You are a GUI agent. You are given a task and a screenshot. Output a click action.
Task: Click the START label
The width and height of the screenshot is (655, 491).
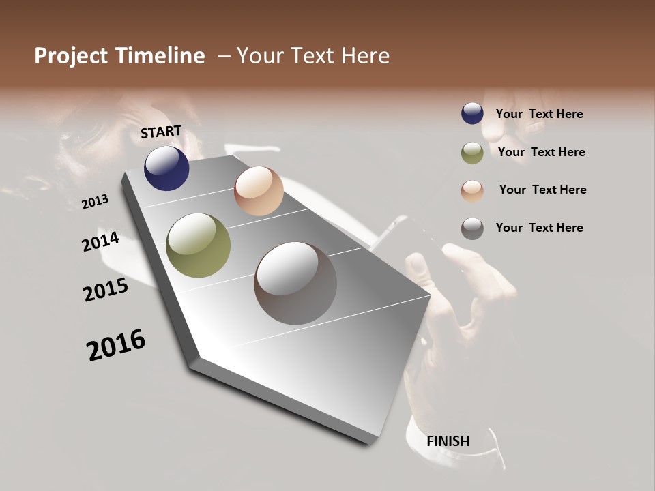click(x=161, y=132)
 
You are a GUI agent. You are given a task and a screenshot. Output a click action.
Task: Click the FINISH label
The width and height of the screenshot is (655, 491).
click(x=448, y=441)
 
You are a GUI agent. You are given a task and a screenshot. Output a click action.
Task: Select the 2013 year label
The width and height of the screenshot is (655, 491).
click(x=95, y=201)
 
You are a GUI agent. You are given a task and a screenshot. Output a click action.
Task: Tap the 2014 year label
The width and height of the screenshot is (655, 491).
click(x=100, y=241)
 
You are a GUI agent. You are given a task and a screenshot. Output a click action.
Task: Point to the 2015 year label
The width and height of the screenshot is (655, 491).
click(x=106, y=290)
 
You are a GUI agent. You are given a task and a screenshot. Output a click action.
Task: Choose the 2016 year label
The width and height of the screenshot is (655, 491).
click(x=116, y=344)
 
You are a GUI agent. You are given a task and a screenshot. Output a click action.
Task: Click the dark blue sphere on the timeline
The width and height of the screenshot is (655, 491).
click(x=166, y=168)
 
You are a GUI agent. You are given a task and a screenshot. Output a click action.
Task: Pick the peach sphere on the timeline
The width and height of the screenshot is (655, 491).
click(x=259, y=191)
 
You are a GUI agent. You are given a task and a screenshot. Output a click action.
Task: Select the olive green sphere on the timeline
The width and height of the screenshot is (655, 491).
click(x=199, y=245)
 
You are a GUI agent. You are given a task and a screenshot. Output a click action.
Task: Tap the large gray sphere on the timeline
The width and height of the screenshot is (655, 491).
click(x=295, y=283)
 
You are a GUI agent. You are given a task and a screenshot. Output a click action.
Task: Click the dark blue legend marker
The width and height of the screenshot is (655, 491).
click(x=472, y=113)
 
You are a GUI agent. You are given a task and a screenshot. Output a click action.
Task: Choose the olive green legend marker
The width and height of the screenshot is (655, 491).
click(x=472, y=153)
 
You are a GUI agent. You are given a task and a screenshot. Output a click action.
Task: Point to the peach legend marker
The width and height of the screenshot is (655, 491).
click(x=472, y=191)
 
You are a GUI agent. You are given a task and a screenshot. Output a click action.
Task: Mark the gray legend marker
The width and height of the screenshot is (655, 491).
click(x=472, y=228)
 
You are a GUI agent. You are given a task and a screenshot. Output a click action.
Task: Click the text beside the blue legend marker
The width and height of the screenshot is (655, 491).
click(x=539, y=114)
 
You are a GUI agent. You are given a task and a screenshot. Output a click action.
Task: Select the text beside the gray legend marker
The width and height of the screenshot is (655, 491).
click(x=539, y=228)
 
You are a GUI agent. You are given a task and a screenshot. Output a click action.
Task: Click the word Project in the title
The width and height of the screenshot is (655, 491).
click(x=71, y=56)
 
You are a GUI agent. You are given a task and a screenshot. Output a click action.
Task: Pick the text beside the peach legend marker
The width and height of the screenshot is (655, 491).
click(x=542, y=190)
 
